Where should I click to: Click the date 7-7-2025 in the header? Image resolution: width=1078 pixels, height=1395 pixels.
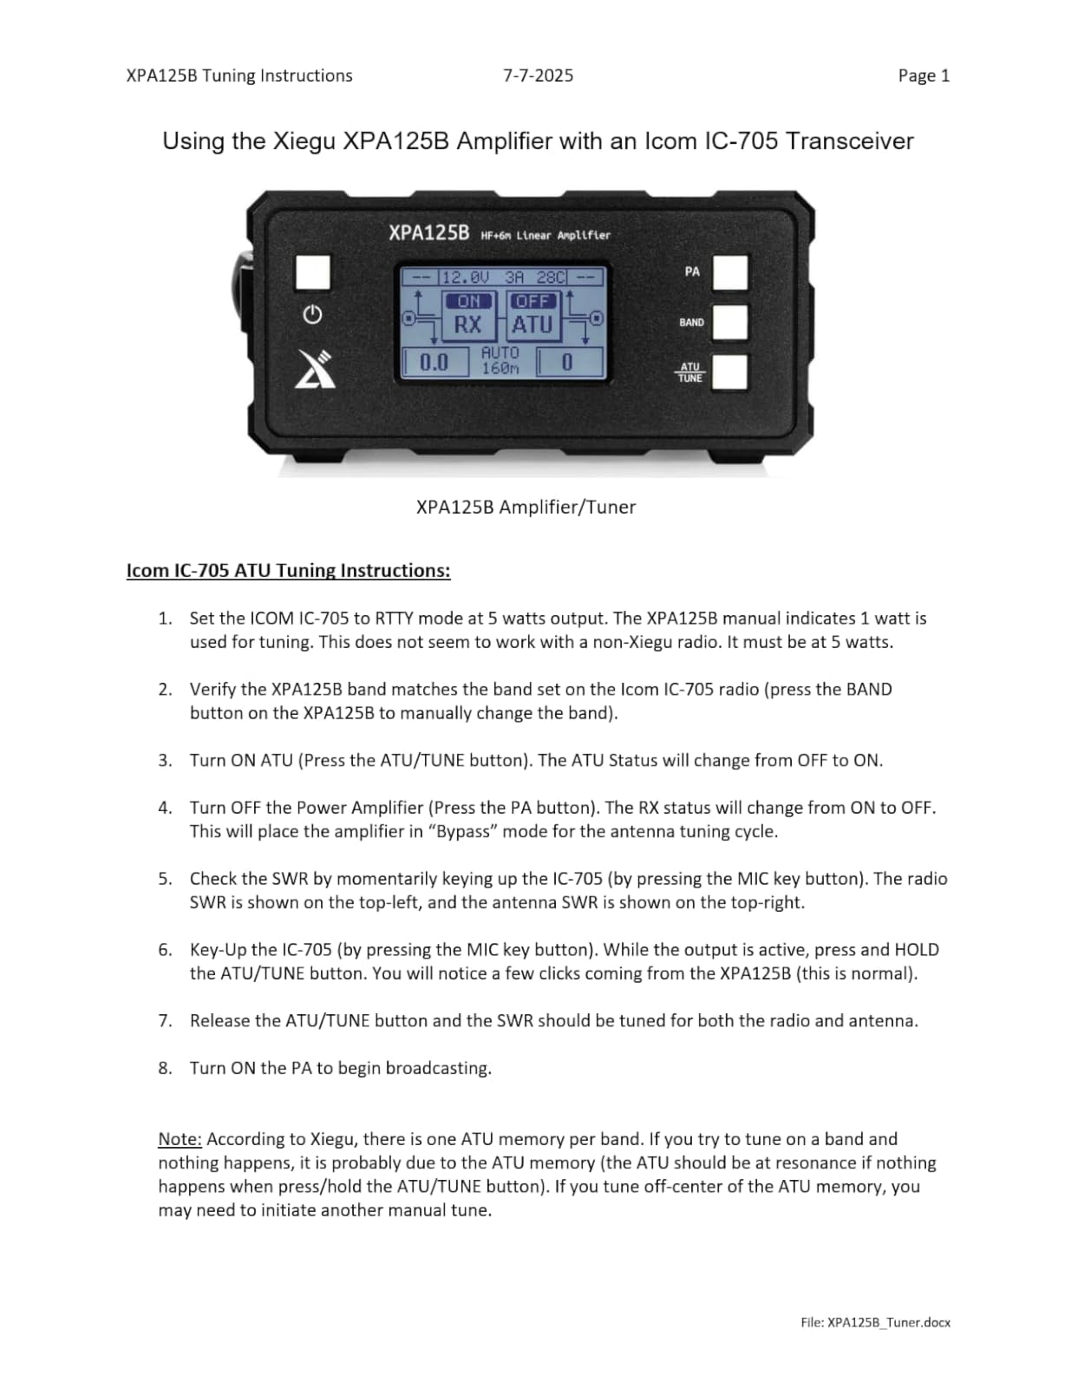tap(538, 75)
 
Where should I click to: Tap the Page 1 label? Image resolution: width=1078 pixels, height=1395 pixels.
tap(924, 75)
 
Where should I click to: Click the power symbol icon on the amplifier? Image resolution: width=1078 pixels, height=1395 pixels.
tap(312, 315)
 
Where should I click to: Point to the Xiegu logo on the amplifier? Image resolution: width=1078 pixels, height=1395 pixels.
tap(313, 368)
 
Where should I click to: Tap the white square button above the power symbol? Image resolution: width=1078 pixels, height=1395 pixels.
tap(313, 272)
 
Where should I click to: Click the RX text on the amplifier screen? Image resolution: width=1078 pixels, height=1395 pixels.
tap(467, 325)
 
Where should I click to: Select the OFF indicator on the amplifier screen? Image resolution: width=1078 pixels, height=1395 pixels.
tap(532, 301)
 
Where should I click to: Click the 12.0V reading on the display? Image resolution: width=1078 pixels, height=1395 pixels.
tap(466, 278)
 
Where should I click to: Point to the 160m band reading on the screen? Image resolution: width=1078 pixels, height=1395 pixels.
tap(500, 369)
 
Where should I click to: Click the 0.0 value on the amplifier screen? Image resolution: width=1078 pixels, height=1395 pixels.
tap(434, 363)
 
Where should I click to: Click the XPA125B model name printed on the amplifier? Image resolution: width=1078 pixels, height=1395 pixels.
tap(428, 232)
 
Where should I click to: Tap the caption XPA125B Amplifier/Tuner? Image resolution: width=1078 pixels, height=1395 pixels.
tap(526, 508)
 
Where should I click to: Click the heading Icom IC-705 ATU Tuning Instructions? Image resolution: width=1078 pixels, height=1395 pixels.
tap(288, 570)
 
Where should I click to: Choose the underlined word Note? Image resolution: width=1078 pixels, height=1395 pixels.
tap(180, 1139)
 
